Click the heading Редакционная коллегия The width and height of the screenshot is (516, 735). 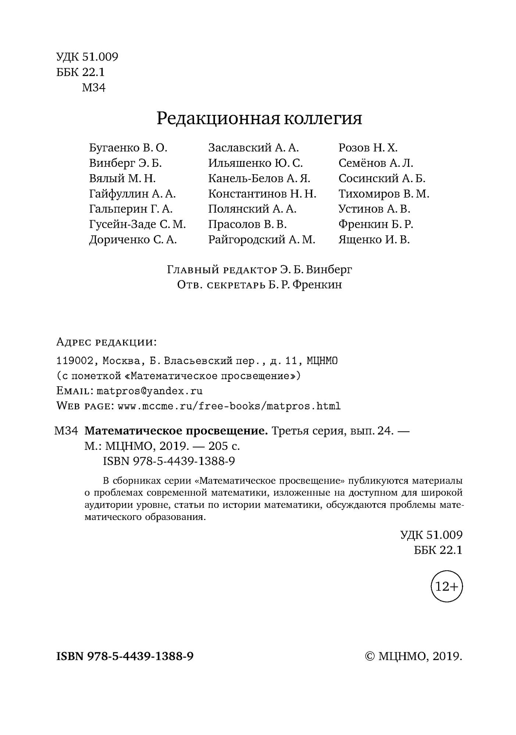coord(259,119)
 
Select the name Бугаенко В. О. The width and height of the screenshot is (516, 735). coord(128,148)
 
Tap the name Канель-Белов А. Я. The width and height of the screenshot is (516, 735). coord(259,179)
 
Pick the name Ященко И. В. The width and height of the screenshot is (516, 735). coord(374,240)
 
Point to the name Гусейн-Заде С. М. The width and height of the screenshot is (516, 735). coord(137,225)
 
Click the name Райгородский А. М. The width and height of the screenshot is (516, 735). coord(262,240)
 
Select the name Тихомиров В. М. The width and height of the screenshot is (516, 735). coord(384,194)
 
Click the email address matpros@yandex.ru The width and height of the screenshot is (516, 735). coord(149,391)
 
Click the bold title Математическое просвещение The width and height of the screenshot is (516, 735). coord(176,431)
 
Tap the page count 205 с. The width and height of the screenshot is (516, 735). coord(224,446)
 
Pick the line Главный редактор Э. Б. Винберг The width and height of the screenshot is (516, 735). coord(259,270)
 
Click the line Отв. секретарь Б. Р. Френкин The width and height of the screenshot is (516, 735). coord(259,285)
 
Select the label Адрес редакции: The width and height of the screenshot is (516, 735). coord(107,343)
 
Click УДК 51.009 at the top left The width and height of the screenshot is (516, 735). coord(87,57)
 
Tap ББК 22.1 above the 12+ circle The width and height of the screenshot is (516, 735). coord(438,550)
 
